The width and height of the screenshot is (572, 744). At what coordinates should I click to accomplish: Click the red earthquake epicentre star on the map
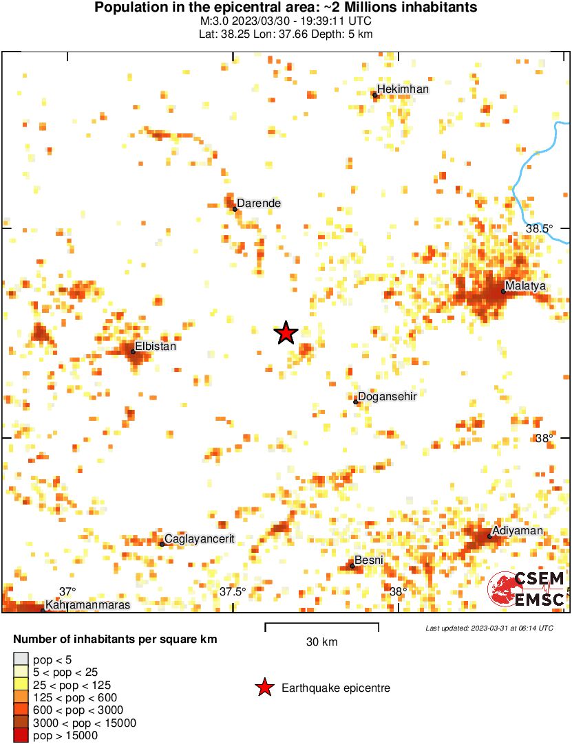pos(286,333)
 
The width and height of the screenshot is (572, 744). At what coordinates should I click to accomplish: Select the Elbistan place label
pos(156,347)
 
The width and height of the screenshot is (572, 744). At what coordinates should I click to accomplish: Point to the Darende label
pos(259,204)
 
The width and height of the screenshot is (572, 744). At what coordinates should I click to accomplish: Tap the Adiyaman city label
pos(517,531)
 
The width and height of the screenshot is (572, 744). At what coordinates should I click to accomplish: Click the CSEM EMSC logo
pos(527,590)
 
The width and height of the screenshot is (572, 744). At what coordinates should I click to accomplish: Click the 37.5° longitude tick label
pos(233,592)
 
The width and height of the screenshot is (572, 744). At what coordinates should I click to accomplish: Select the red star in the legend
pos(264,688)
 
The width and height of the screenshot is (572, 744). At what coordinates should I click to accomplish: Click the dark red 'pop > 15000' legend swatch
pos(21,736)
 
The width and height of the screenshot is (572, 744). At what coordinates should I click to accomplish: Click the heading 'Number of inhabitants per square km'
pos(115,639)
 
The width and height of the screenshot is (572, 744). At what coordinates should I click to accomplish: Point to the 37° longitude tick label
pos(67,592)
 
